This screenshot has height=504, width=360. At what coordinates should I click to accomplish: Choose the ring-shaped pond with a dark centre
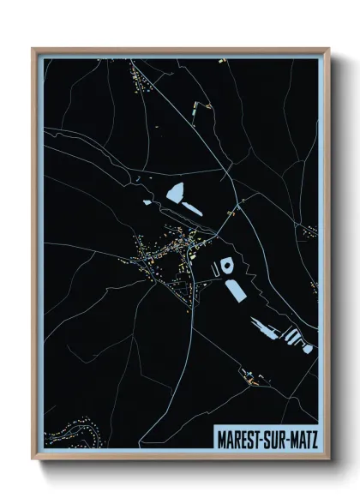(x=227, y=265)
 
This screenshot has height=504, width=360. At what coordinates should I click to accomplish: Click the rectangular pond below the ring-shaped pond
(x=235, y=290)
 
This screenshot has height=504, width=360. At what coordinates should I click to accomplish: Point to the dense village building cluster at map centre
(x=163, y=253)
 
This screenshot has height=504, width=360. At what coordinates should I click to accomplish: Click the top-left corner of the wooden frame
(x=33, y=49)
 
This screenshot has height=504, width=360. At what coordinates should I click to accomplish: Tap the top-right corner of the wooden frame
(x=329, y=49)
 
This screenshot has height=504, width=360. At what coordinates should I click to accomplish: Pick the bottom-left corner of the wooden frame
(x=33, y=460)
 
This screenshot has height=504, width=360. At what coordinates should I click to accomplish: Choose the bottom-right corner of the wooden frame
(x=329, y=460)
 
